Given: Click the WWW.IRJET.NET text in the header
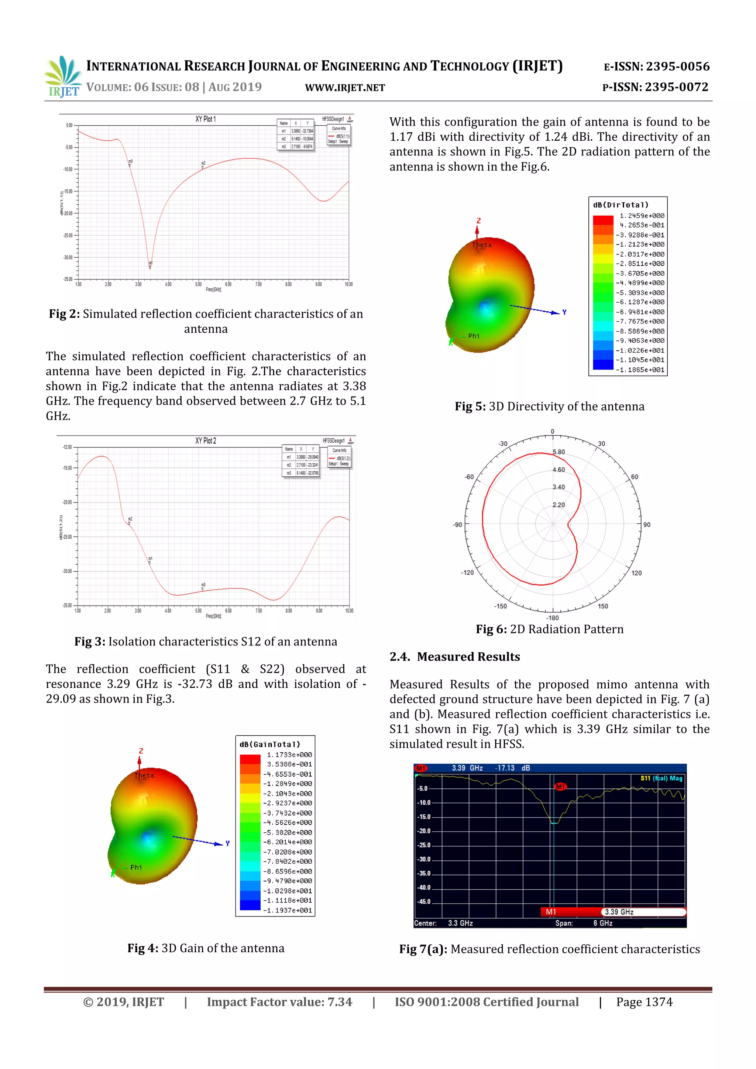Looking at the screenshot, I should (345, 88).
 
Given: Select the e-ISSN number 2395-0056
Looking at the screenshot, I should (677, 66).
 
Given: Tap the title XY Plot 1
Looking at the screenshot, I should (205, 119).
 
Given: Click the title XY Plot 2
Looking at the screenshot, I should (205, 441).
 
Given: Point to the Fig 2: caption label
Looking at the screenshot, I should (64, 314).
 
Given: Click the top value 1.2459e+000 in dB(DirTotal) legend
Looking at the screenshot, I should (642, 216).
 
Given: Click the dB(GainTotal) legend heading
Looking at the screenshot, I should (270, 744).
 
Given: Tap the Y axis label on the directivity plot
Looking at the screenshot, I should (564, 312).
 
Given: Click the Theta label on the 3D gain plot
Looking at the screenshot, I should (144, 775).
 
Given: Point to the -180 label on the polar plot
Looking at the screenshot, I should (552, 618).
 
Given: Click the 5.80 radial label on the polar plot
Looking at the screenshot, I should (559, 452).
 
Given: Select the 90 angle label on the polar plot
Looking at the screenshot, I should (647, 525).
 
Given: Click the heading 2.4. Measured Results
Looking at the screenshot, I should (454, 657).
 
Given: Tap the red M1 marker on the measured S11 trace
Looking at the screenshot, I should (560, 787).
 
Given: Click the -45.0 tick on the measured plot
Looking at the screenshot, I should (424, 901).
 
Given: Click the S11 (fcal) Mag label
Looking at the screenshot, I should (661, 778).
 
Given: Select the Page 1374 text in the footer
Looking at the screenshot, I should (644, 1002).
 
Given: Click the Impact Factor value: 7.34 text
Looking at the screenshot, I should (279, 1002).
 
